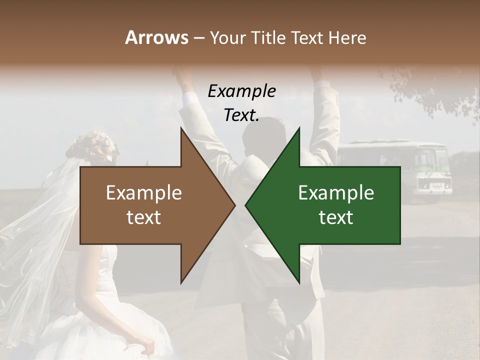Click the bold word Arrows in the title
156,37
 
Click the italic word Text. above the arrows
241,115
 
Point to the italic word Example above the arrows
241,91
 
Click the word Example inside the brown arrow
143,193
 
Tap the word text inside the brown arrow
143,217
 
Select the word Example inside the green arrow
336,193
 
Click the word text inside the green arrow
336,217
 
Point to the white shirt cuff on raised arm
190,98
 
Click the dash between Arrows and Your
198,38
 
